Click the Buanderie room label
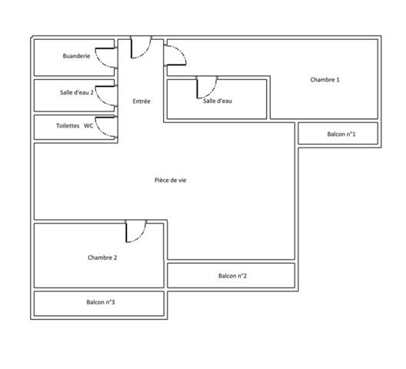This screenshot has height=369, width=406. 76,57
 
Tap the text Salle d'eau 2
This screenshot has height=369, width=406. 77,92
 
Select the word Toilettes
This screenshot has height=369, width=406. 68,126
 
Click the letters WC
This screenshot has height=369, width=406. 88,126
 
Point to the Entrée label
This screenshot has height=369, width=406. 141,101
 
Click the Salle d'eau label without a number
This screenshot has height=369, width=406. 218,101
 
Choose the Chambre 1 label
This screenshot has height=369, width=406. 324,79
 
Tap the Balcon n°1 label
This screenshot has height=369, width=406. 341,134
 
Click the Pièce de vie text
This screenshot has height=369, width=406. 170,180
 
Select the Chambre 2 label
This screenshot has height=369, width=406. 102,258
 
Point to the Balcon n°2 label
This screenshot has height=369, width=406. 232,276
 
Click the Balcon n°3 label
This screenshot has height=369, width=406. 101,302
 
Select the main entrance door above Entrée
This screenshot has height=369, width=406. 140,48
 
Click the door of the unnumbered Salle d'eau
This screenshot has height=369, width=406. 207,86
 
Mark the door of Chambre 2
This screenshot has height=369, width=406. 135,231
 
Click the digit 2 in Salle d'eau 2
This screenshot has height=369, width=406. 92,92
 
